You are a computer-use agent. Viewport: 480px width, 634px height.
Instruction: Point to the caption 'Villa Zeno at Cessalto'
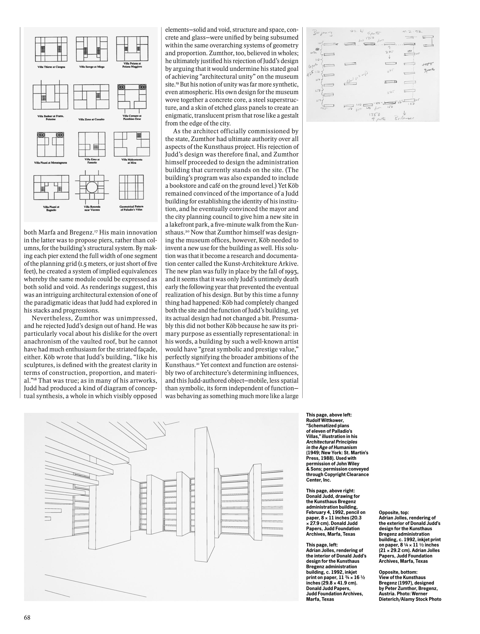point(91,119)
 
